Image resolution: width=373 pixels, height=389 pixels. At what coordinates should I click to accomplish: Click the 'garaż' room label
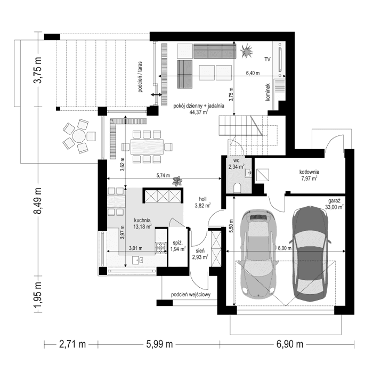335,201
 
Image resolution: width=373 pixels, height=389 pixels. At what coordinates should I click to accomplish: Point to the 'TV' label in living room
268,59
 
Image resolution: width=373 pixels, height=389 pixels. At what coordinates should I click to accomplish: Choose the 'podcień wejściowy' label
191,294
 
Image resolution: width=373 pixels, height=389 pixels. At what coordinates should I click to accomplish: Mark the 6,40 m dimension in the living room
253,73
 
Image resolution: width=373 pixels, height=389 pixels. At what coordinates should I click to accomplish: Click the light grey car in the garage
258,253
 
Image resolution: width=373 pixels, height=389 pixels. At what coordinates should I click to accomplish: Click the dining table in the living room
143,145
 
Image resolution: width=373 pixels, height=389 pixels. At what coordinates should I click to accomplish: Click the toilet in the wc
238,187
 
